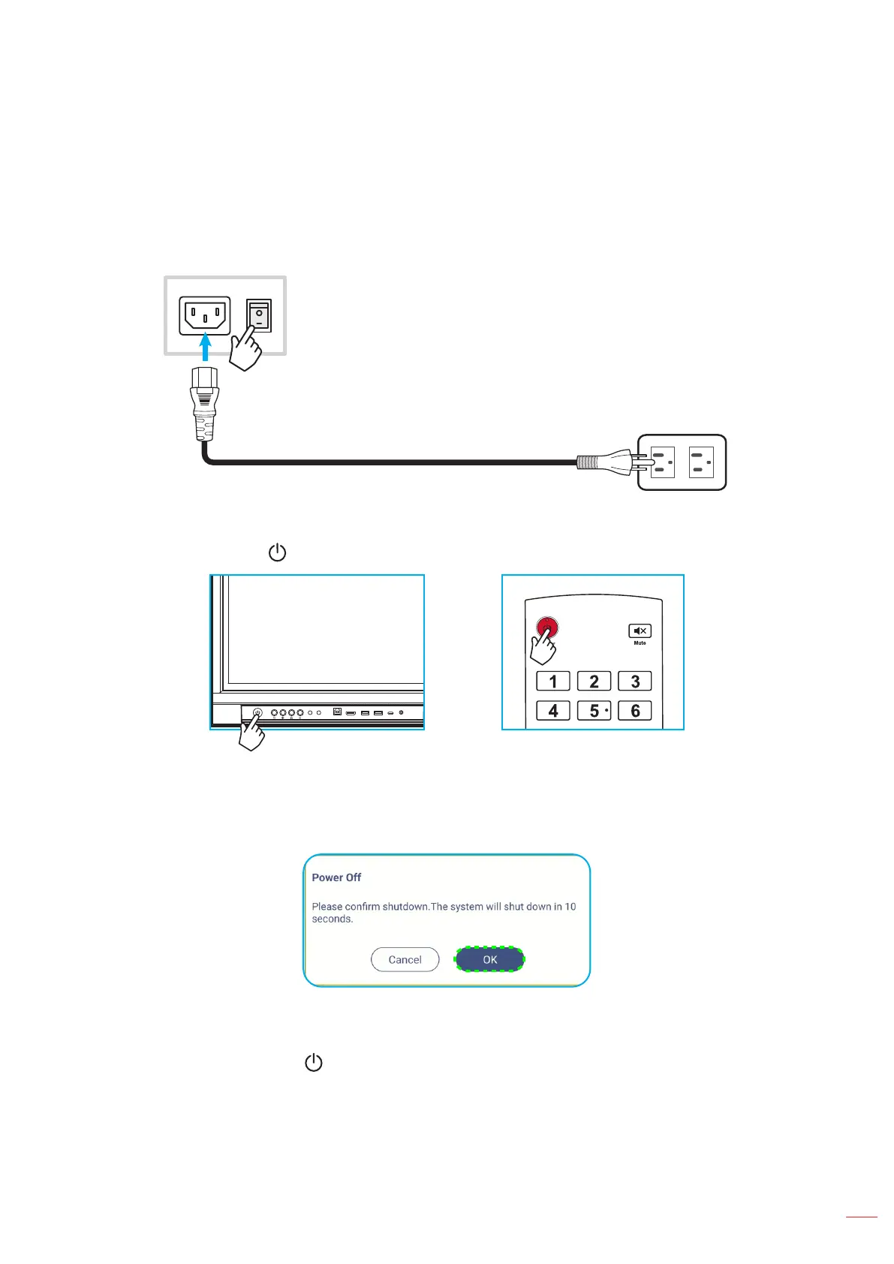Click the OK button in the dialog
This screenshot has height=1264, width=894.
489,959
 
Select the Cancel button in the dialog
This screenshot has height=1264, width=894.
405,959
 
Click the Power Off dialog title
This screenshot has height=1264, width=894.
336,877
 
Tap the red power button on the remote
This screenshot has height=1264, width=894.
547,627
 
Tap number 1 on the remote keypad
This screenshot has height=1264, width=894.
553,682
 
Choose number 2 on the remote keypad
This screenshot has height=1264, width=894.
594,682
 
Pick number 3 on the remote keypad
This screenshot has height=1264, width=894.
634,682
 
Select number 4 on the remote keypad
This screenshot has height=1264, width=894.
553,711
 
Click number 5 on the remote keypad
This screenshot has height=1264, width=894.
594,711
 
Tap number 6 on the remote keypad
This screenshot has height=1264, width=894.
634,711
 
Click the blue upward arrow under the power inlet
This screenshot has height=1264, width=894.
205,348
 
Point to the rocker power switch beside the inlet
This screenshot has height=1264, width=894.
259,316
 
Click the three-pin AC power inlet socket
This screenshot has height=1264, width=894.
204,315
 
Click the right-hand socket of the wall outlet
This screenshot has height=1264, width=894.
701,462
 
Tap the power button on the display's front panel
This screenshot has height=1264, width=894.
257,712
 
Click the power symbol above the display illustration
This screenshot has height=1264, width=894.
278,553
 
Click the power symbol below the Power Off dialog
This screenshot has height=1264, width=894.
314,1063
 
